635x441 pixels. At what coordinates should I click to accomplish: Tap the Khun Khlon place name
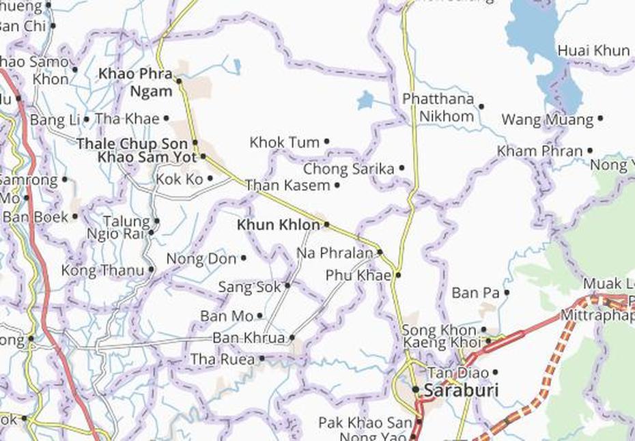click(x=278, y=225)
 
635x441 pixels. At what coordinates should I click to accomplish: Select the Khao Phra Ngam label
click(x=135, y=81)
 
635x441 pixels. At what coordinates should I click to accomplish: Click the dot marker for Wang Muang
click(x=600, y=118)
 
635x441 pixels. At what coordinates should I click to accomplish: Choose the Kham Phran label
click(x=539, y=151)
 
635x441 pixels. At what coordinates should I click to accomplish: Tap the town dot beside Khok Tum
click(x=326, y=142)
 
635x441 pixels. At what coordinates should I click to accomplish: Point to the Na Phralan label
click(x=335, y=253)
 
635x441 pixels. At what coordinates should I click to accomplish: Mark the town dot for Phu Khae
click(x=397, y=276)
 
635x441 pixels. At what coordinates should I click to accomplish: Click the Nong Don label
click(x=201, y=259)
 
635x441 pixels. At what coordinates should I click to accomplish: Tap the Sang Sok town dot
click(x=287, y=286)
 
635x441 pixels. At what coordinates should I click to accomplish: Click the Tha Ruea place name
click(x=222, y=359)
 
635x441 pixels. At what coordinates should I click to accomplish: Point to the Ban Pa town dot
click(x=507, y=293)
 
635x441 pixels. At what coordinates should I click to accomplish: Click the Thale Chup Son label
click(x=132, y=144)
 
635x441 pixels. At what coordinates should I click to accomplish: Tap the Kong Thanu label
click(x=102, y=270)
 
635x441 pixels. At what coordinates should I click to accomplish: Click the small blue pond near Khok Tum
click(x=366, y=100)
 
